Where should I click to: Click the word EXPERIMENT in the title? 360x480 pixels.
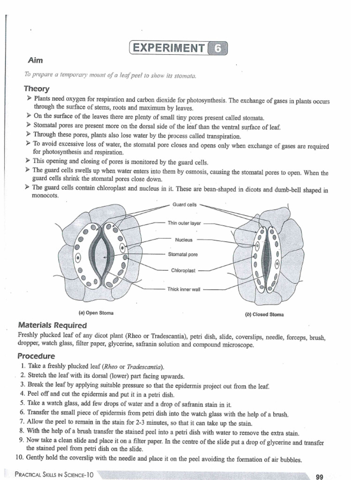[x=169, y=48]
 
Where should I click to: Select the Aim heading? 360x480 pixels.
[x=35, y=60]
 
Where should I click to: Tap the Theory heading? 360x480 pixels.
[x=37, y=89]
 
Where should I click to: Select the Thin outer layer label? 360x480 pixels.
[x=184, y=223]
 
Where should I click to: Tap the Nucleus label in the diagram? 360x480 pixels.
[x=184, y=240]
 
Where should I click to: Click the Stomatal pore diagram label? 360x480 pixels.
[x=183, y=255]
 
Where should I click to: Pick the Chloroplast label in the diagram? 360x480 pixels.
[x=183, y=270]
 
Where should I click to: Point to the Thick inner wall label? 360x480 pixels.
[x=184, y=289]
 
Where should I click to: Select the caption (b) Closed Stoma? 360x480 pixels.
[x=265, y=315]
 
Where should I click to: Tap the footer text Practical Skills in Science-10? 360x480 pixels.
[x=54, y=474]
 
